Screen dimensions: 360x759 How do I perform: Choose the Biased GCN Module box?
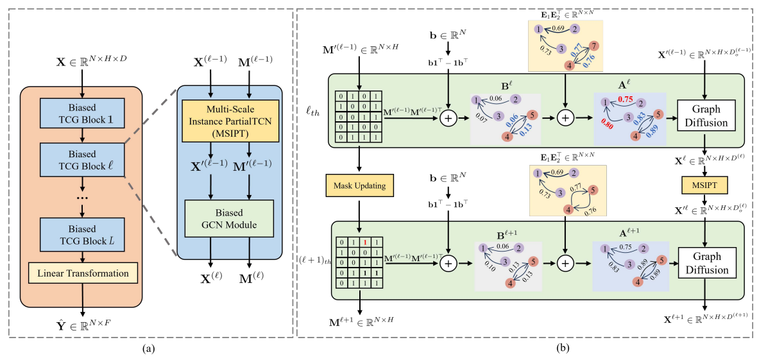click(229, 219)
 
